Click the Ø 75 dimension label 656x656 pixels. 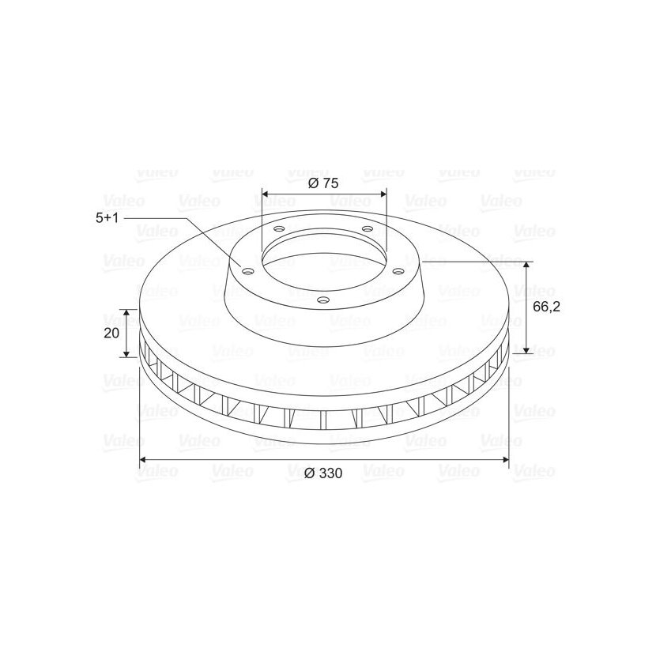[x=323, y=183]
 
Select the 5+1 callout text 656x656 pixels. [x=107, y=218]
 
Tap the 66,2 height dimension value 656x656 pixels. [x=546, y=307]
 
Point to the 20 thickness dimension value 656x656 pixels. [x=111, y=333]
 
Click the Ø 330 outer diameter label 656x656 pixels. [x=323, y=473]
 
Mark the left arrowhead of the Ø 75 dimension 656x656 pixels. [x=266, y=194]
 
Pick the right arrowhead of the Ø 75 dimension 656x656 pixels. [x=383, y=194]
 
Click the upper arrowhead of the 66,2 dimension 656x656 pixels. [x=526, y=266]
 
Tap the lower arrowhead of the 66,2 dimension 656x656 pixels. [x=526, y=349]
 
